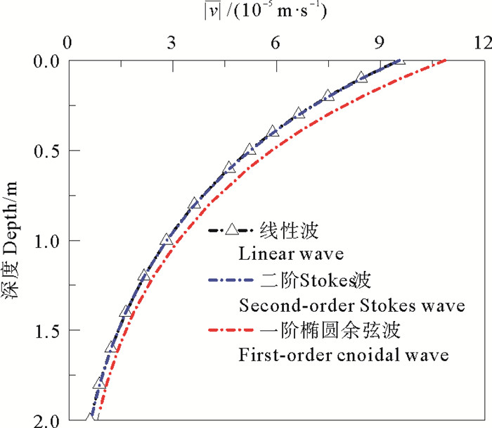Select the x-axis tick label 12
(481, 42)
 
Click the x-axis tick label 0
(68, 42)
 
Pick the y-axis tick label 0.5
(47, 151)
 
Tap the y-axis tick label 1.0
(47, 241)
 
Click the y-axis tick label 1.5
(47, 330)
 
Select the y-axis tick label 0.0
(47, 62)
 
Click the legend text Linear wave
(283, 251)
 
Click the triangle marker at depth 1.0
(167, 240)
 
